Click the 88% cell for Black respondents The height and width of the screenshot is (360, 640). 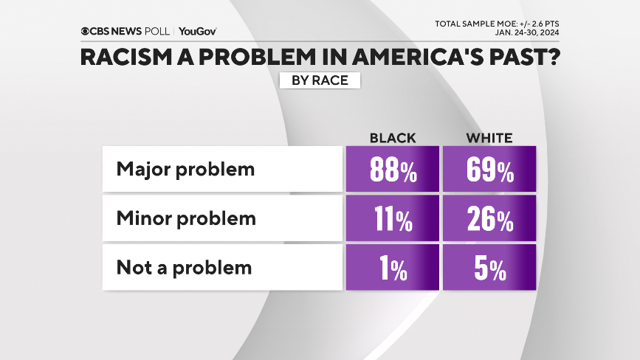click(x=392, y=170)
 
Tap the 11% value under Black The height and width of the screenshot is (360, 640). click(x=392, y=219)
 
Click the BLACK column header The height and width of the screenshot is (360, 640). click(x=392, y=138)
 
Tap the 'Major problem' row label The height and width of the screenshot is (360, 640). click(x=185, y=169)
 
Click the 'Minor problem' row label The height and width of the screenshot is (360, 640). click(x=186, y=218)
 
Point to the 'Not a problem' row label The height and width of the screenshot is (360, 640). click(x=184, y=267)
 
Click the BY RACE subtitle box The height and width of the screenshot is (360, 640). click(x=320, y=80)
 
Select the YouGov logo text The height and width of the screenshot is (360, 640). click(x=197, y=31)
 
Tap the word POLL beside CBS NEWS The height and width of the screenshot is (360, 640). click(x=158, y=31)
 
